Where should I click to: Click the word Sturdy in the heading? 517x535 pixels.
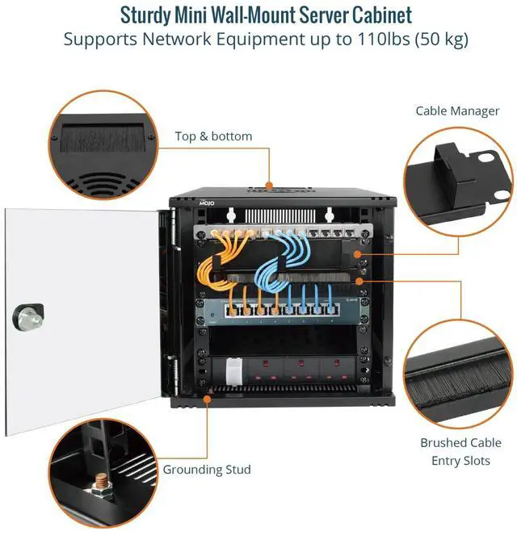pos(148,15)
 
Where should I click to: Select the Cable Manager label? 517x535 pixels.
pos(457,111)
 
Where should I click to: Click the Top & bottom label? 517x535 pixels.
pos(213,136)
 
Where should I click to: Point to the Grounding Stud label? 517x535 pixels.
pos(207,469)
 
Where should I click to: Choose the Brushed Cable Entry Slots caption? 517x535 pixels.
pos(460,451)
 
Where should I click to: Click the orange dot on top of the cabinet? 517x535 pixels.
pos(269,185)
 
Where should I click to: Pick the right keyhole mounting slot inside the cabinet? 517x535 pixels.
pos(329,215)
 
